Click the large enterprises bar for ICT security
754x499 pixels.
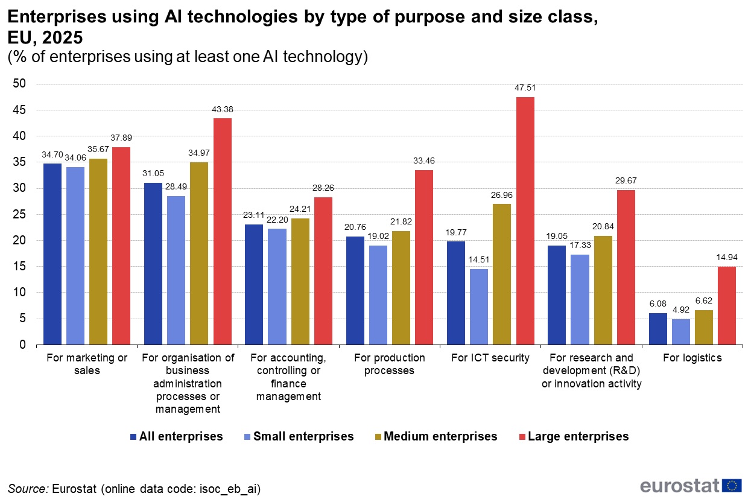[525, 221]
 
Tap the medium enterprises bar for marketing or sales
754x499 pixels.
[98, 252]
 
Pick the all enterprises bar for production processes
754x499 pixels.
[355, 290]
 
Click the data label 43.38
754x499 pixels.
[222, 109]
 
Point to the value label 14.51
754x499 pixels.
[479, 260]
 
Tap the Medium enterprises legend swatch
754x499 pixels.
[378, 436]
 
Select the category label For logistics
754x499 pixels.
[692, 358]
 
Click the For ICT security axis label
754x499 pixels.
[490, 358]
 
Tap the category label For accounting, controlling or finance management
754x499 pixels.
[288, 377]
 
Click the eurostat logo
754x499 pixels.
[691, 485]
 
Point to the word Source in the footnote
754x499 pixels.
[28, 489]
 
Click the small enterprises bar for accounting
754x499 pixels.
[277, 287]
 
